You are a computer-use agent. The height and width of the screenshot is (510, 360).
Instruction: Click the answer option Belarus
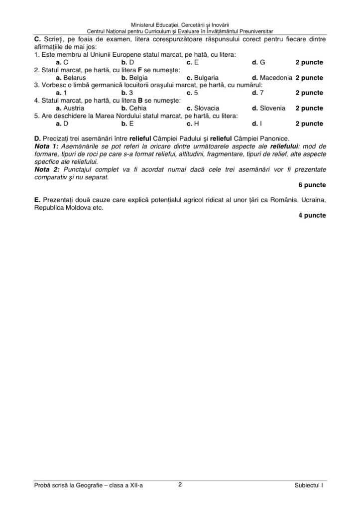pos(75,78)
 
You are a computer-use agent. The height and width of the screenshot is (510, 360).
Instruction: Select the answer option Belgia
pos(139,78)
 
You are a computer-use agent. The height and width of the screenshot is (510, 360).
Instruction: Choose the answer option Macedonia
pos(276,78)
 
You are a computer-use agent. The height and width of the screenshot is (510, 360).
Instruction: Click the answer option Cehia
pos(138,108)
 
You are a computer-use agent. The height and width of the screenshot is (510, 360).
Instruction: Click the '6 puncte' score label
pos(312,185)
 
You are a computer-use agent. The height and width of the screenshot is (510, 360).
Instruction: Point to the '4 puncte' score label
pos(312,215)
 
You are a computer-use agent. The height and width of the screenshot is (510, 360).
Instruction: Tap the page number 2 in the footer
pos(180,483)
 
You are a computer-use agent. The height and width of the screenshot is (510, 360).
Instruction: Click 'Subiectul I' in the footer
pos(309,484)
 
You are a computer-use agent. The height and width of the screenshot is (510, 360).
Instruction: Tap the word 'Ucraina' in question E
pos(312,200)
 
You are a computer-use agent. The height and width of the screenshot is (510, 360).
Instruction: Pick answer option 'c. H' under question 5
pos(193,123)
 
